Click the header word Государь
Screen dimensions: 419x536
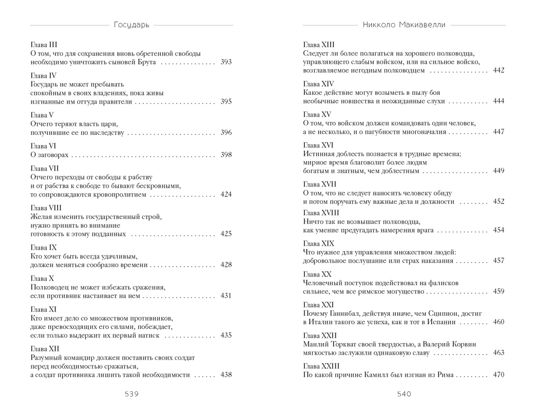coord(131,24)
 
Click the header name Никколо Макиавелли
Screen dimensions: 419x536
coord(404,24)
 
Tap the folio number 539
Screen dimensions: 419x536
coord(131,394)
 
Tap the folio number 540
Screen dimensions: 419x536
coord(404,394)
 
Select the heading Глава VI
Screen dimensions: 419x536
coord(44,146)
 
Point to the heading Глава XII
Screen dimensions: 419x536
coord(45,348)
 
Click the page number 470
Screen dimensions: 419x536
coord(498,375)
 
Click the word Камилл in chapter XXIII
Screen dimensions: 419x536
coord(378,375)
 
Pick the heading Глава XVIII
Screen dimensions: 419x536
coord(321,213)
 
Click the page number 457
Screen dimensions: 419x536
coord(498,261)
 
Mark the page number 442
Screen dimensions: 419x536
coord(498,71)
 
